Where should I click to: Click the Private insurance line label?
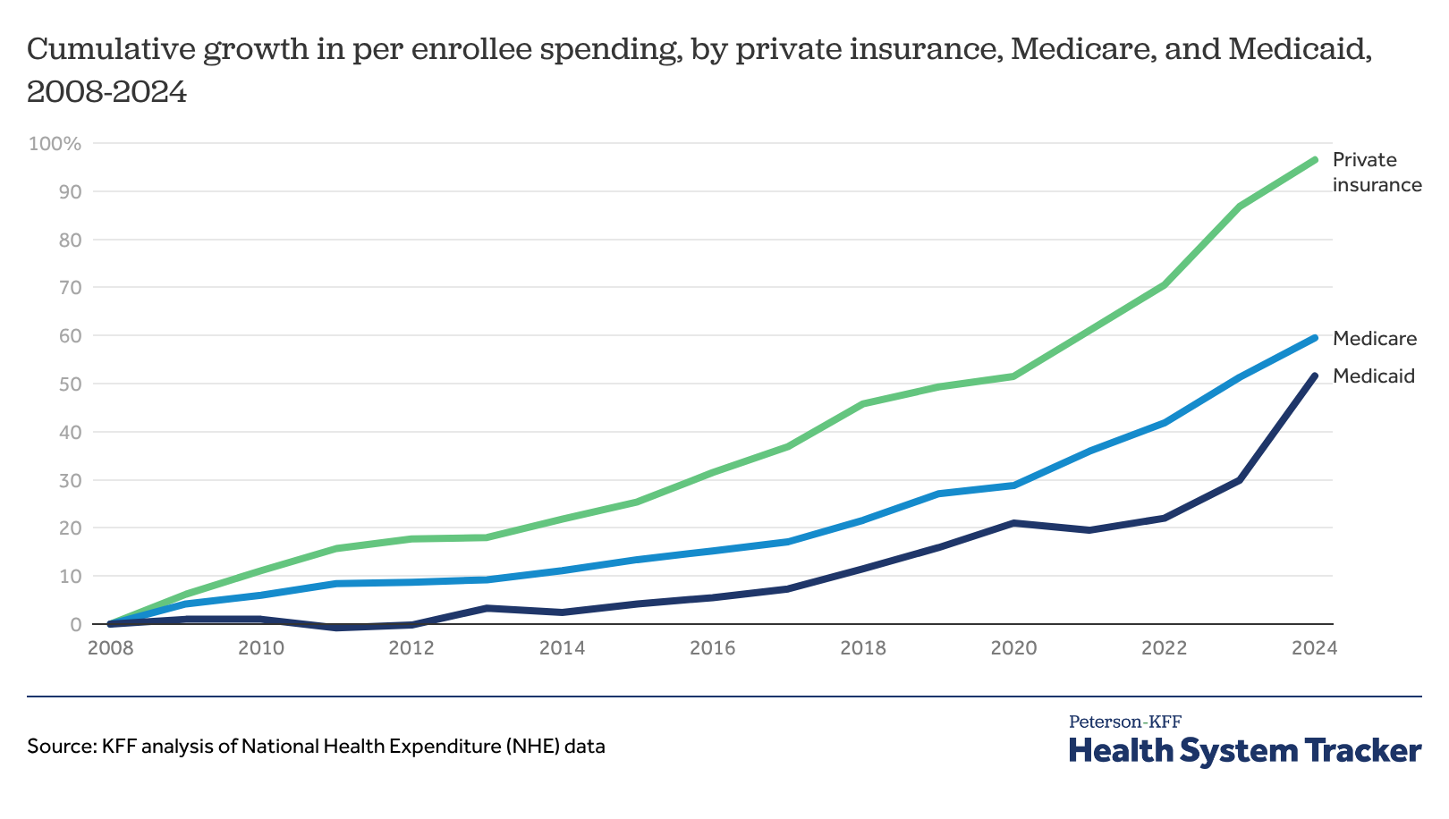coord(1377,173)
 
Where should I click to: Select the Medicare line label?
coord(1375,339)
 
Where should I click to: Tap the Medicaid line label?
coord(1374,376)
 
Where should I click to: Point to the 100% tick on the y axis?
coord(55,144)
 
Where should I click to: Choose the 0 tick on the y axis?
coord(75,624)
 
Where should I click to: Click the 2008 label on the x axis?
coord(110,647)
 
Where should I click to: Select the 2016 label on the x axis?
coord(712,647)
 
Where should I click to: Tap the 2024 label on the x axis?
coord(1314,647)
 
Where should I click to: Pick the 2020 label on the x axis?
coord(1013,647)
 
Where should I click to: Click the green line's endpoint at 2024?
coord(1314,160)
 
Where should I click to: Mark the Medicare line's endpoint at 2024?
coord(1314,338)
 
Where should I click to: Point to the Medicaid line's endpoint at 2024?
coord(1314,376)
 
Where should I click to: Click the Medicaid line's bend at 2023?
coord(1239,480)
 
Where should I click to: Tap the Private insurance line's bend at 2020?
coord(1013,376)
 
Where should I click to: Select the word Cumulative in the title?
coord(110,50)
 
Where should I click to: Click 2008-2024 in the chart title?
coord(107,92)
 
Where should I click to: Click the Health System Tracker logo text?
coord(1245,751)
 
